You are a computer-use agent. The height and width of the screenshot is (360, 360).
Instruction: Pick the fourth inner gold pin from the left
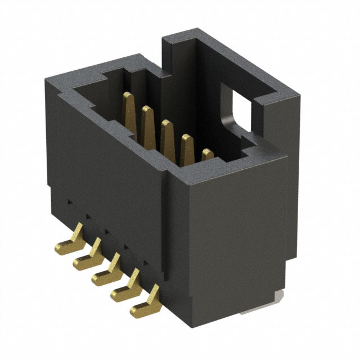pos(187,147)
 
